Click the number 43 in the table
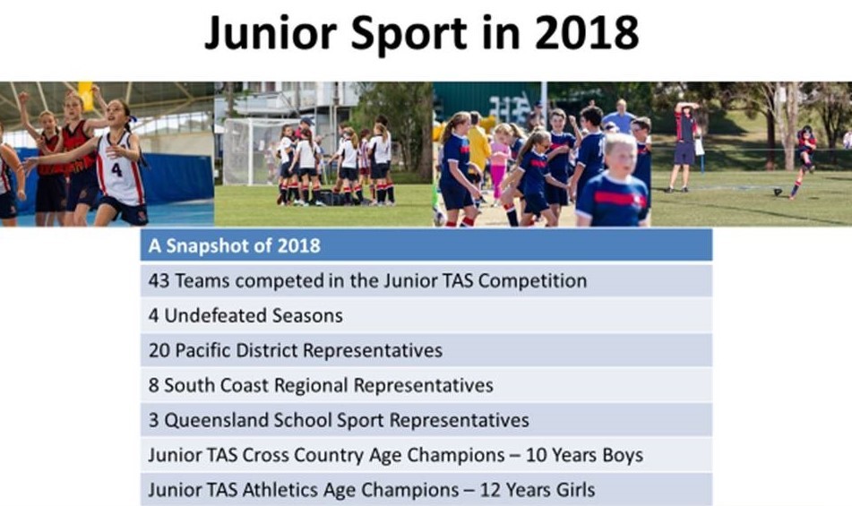point(159,280)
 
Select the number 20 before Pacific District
point(159,350)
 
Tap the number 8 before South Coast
point(153,385)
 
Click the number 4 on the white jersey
point(116,170)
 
